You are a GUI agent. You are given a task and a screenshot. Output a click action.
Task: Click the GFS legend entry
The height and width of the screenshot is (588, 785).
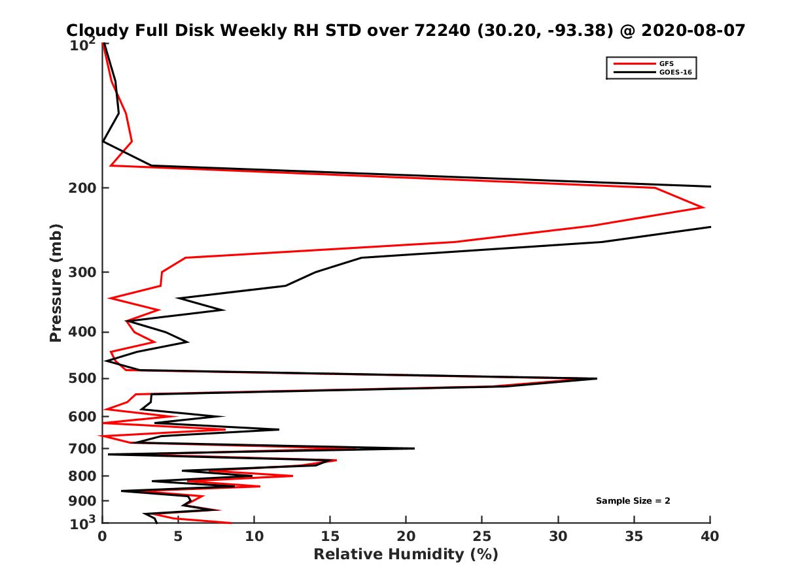[x=668, y=63]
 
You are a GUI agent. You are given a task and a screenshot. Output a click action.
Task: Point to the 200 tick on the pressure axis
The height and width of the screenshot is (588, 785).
[x=83, y=188]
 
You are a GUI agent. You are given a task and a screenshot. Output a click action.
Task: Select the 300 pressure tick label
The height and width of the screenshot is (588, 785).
[x=83, y=272]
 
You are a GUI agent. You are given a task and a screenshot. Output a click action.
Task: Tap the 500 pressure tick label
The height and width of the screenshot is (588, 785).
[x=83, y=379]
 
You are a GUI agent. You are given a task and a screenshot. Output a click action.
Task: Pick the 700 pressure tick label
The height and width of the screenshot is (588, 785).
[x=83, y=449]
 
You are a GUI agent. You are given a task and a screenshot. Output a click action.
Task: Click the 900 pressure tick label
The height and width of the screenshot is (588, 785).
[x=83, y=501]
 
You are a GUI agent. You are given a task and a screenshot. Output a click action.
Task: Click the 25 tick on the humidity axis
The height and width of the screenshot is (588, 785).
[x=482, y=536]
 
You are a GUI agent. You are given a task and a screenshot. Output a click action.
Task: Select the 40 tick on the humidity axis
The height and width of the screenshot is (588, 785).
[x=710, y=536]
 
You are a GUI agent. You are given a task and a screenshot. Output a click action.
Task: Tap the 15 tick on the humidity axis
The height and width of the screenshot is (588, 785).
[x=330, y=536]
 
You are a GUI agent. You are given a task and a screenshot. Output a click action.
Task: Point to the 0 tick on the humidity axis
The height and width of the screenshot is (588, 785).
[x=103, y=536]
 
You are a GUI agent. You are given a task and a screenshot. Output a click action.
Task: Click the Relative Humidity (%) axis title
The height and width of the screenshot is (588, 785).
[x=406, y=555]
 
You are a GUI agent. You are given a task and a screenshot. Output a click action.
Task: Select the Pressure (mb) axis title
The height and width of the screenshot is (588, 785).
[x=56, y=282]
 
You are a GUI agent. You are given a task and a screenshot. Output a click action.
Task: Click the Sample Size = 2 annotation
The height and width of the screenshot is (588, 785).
[x=633, y=501]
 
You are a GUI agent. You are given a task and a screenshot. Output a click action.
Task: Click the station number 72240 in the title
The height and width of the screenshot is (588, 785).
[x=442, y=31]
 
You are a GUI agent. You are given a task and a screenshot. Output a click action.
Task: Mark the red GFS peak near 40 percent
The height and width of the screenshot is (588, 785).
[x=703, y=208]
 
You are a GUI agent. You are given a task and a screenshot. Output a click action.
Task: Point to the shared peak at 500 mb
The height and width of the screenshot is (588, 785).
[x=596, y=378]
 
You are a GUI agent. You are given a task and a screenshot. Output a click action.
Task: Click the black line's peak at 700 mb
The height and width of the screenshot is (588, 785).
[x=413, y=448]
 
